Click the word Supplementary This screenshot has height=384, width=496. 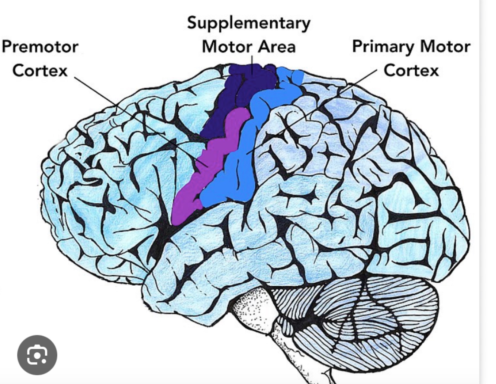coord(248,23)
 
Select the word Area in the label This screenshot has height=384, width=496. coord(277,47)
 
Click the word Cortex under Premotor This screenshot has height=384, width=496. coord(40,70)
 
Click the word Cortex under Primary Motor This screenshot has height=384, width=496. coord(411,70)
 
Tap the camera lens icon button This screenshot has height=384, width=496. coord(37,355)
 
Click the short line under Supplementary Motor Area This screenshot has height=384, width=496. coord(252,61)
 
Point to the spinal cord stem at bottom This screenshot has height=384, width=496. coord(297,358)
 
